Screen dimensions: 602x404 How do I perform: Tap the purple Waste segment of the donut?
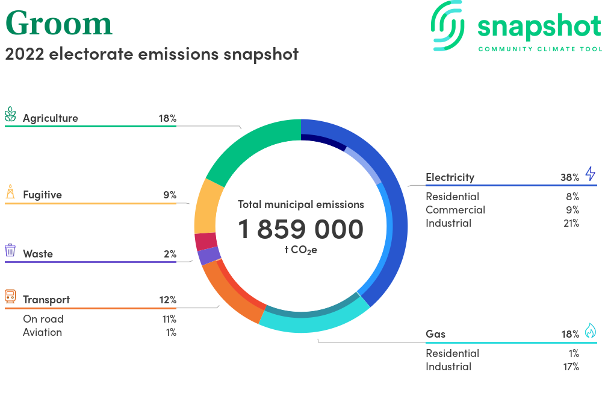208,256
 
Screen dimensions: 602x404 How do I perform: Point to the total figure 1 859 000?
300,229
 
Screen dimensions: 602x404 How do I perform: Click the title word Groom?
59,24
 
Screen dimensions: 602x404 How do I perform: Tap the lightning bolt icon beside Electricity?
591,174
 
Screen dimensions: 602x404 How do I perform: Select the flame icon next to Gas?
591,330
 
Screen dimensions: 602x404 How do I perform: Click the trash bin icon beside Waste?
10,250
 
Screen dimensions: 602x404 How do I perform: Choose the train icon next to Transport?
10,297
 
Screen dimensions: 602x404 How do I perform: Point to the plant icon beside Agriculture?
10,114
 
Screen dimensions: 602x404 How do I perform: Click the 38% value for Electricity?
569,178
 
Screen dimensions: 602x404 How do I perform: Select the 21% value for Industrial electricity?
571,223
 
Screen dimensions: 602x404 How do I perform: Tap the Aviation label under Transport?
42,332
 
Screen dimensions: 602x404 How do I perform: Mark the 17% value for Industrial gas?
571,367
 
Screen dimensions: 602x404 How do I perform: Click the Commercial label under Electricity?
455,210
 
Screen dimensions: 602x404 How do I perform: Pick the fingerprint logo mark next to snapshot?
448,26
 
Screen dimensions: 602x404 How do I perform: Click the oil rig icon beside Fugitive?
10,191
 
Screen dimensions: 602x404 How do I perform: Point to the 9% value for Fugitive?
170,195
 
